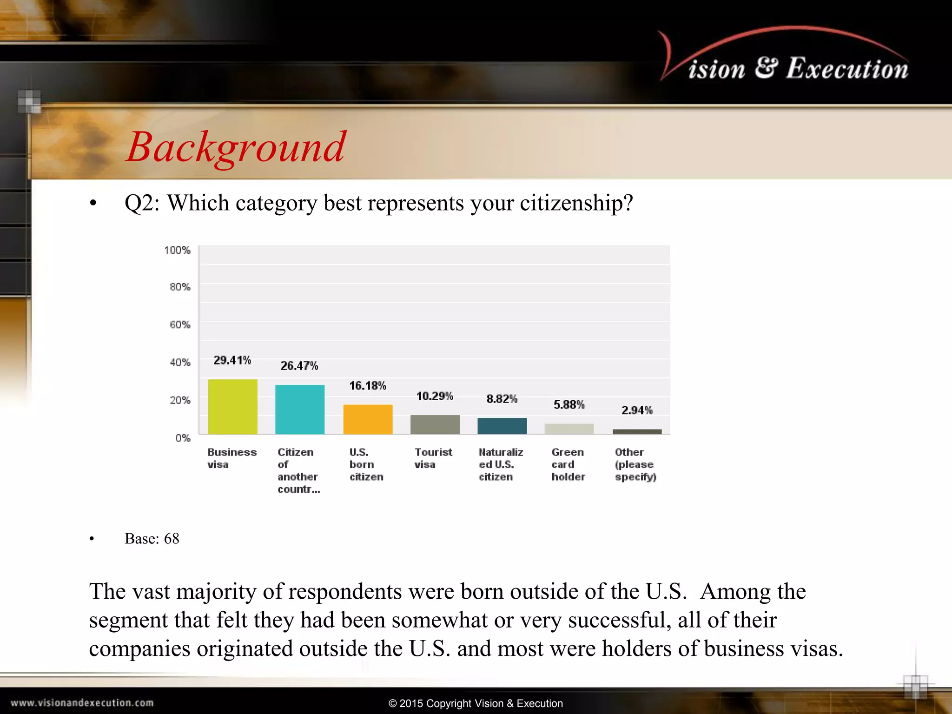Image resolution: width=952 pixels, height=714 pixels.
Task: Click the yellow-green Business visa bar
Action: click(232, 407)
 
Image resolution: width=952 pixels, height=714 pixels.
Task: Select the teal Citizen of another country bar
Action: click(300, 410)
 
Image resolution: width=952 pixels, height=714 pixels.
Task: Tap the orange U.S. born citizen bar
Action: click(368, 419)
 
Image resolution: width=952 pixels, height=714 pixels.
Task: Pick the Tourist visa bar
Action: click(435, 424)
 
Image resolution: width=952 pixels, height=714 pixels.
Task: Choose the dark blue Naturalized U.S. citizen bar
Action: click(502, 426)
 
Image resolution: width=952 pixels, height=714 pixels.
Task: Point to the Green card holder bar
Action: click(569, 429)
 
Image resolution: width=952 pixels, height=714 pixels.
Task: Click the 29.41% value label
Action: click(232, 360)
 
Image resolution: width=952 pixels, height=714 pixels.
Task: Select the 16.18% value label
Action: click(367, 386)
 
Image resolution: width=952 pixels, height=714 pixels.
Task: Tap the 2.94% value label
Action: click(637, 410)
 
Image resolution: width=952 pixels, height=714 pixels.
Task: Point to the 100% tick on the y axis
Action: click(177, 250)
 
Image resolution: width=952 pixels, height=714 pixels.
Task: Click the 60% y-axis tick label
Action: click(180, 324)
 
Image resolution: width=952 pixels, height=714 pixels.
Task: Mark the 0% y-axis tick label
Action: click(183, 438)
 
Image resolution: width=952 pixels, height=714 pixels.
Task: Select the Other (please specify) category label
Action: click(635, 464)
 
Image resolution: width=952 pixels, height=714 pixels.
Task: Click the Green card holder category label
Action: click(568, 464)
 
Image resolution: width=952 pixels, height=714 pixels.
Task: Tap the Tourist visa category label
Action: click(433, 458)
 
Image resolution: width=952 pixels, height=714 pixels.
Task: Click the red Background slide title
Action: click(236, 147)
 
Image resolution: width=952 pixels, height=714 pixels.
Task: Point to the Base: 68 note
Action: click(152, 538)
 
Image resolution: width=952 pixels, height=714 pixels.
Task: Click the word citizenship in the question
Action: click(576, 203)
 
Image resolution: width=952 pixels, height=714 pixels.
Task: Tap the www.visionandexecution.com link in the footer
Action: click(82, 703)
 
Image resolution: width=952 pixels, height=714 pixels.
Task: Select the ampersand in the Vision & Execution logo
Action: click(766, 67)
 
